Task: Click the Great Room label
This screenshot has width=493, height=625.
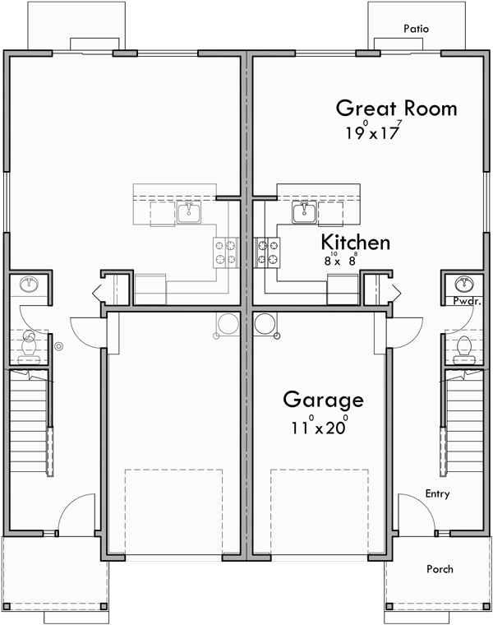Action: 385,109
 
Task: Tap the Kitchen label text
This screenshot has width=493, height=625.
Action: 355,243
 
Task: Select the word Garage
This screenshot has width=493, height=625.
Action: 323,400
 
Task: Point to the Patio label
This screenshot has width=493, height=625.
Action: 417,29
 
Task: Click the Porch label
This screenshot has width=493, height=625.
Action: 440,569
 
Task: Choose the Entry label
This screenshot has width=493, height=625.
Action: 437,493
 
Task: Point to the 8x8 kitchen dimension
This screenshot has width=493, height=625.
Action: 339,261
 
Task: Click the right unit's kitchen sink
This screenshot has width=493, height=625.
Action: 302,213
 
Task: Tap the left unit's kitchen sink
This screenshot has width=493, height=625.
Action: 189,213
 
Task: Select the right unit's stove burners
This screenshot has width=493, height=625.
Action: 268,252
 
